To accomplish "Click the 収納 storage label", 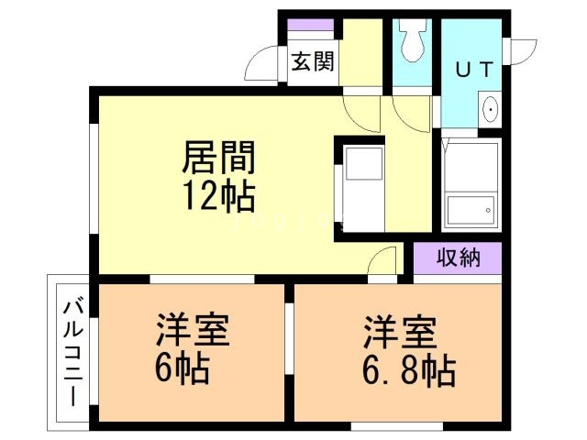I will [x=457, y=258].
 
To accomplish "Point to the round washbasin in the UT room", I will [x=491, y=111].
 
